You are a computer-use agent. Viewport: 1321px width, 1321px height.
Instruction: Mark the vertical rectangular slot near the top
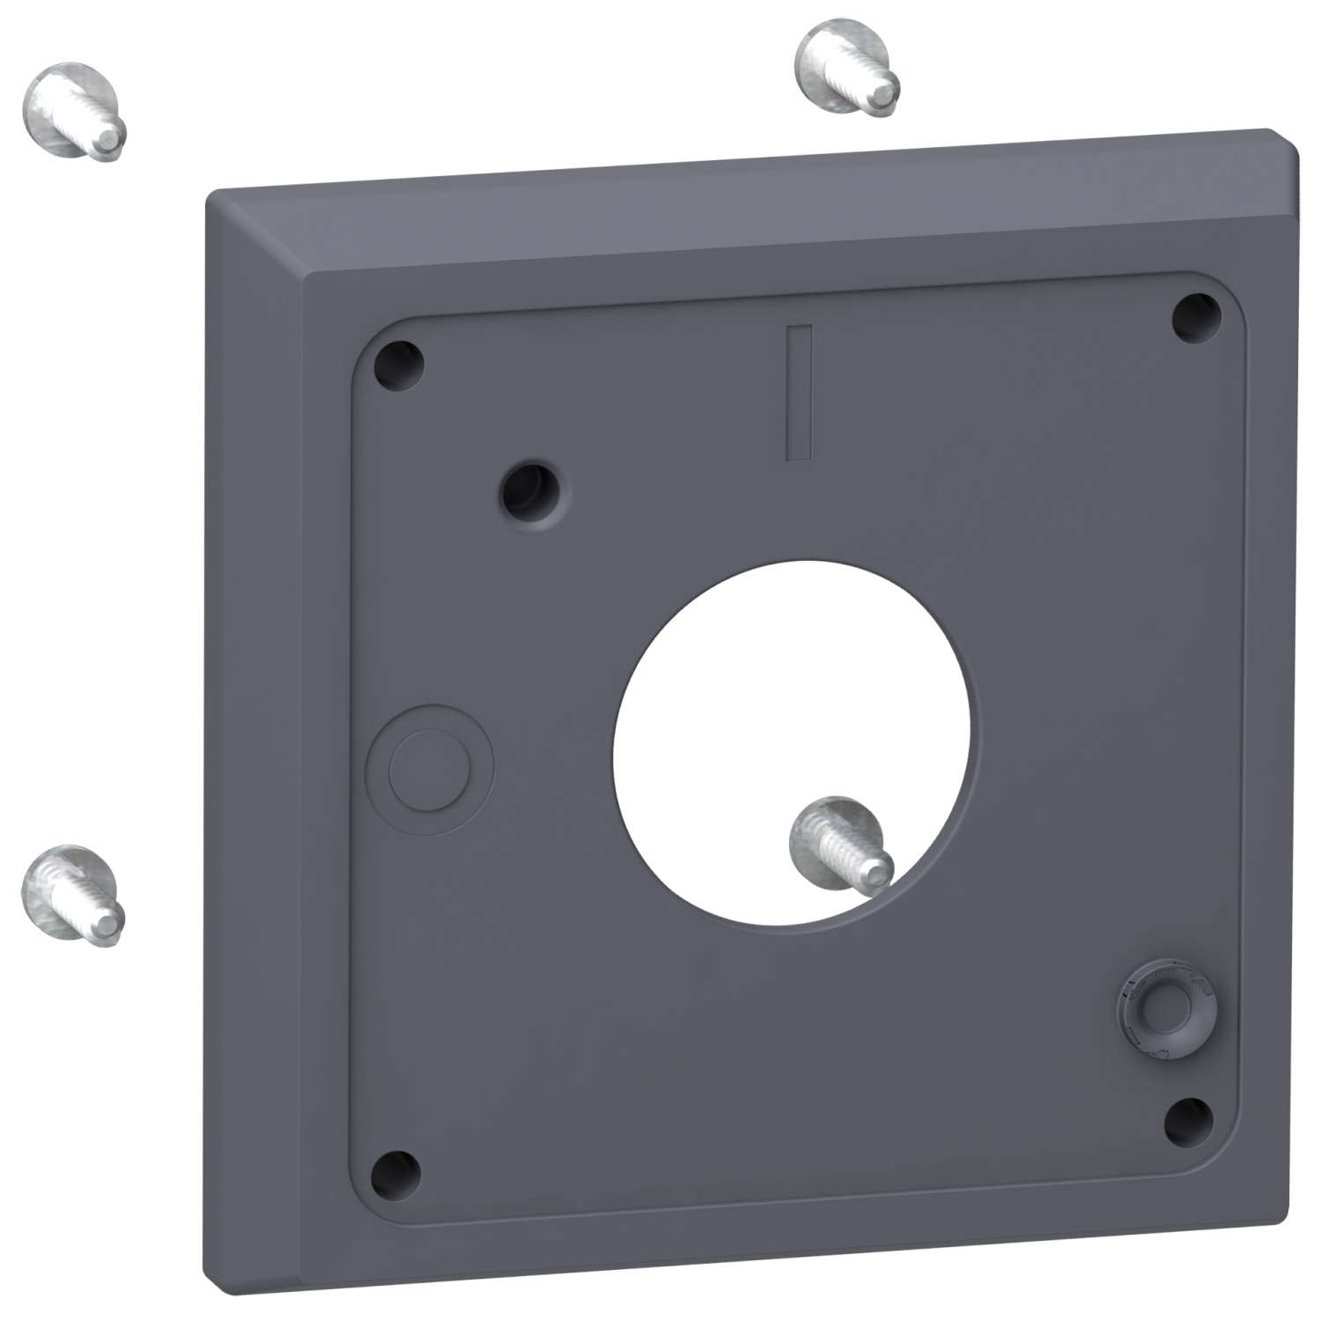click(x=799, y=393)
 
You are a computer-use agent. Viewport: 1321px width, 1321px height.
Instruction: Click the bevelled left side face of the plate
click(x=255, y=705)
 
